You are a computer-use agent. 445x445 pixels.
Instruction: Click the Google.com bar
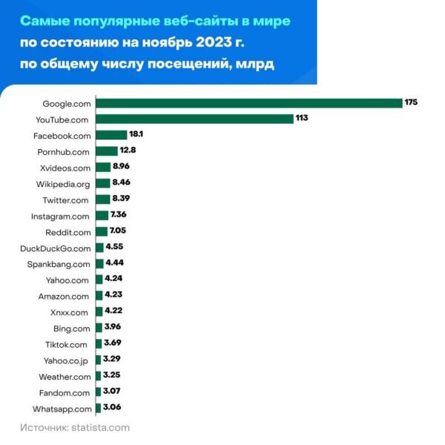pos(248,102)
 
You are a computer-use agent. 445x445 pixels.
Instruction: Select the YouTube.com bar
pos(194,119)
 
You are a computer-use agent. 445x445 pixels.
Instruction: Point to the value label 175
pos(412,102)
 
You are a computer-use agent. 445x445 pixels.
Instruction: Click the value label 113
pos(301,119)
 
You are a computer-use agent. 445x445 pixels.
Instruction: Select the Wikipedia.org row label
pos(63,183)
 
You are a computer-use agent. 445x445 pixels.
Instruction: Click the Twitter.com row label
pos(66,200)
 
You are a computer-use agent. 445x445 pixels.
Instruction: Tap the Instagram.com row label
pos(60,216)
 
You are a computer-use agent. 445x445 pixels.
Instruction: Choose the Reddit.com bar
pos(101,231)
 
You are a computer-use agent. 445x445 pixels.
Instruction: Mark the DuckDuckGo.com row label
pos(56,248)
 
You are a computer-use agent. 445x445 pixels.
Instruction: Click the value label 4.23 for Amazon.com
pos(114,296)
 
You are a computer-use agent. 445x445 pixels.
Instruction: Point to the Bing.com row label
pos(72,329)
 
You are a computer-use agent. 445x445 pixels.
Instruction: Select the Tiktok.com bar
pos(98,344)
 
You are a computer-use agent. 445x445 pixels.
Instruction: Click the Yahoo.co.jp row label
pos(66,360)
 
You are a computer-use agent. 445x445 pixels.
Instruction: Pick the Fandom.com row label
pos(65,393)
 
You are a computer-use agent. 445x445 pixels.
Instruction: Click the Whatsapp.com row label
pos(62,409)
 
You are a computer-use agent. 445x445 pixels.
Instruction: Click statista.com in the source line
pos(99,428)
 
